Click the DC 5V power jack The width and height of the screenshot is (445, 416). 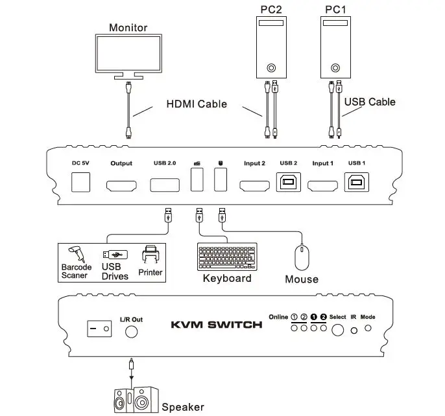(x=80, y=182)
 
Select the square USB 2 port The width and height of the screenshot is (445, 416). (x=288, y=183)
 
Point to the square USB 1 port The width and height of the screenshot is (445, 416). (x=357, y=183)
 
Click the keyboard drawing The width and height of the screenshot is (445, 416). (x=226, y=257)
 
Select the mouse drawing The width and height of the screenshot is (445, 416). (x=302, y=257)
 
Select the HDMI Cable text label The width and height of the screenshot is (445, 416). (x=197, y=104)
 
